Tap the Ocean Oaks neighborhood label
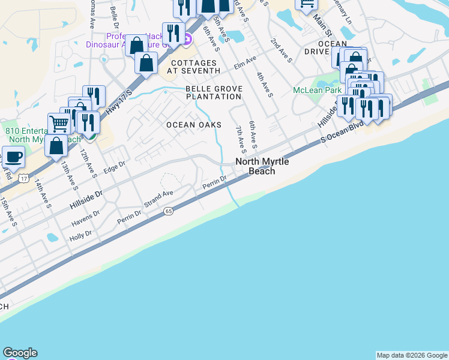tap(194, 125)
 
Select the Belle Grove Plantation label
tap(214, 94)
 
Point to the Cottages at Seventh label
tap(195, 67)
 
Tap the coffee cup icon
tap(13, 157)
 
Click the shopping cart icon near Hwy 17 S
tap(59, 123)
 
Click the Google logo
tap(20, 353)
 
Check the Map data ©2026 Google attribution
tap(412, 355)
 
